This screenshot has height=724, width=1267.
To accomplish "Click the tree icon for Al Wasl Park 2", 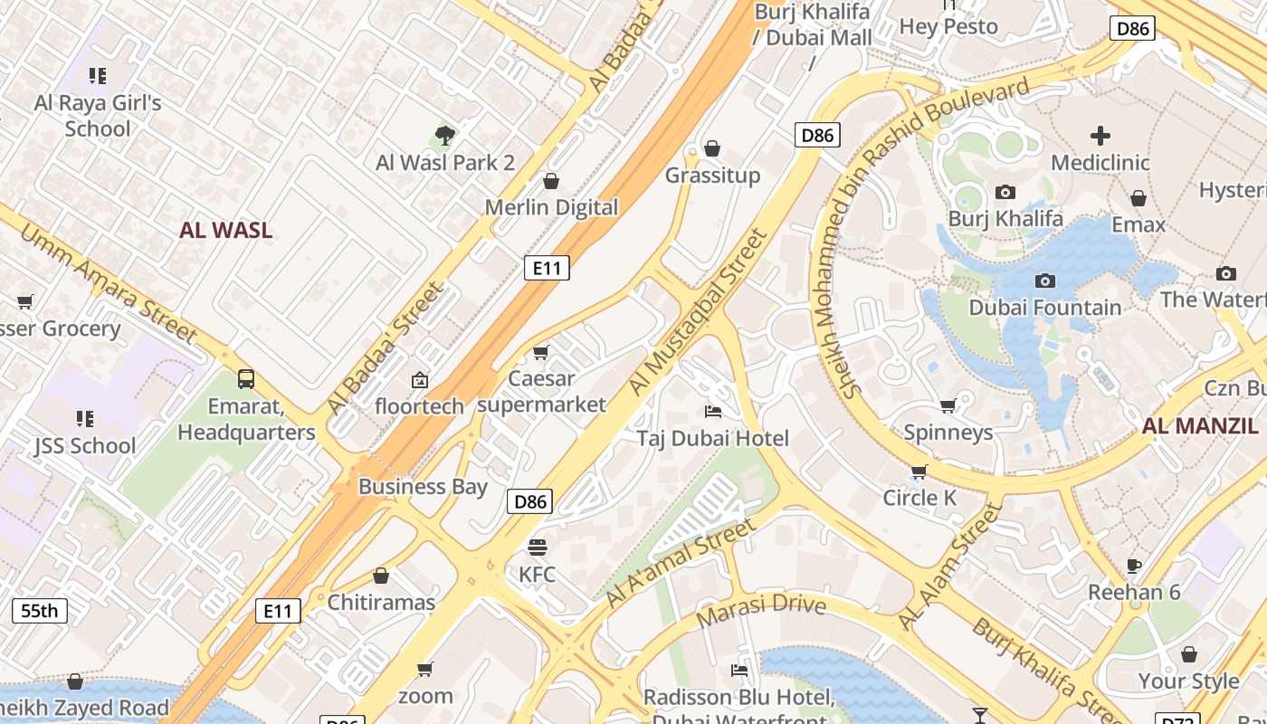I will click(443, 137).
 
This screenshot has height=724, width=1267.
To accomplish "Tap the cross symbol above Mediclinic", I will click(1100, 136).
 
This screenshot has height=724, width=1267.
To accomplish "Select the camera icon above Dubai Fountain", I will click(1044, 281).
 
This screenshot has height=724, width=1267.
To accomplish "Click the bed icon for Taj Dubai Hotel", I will click(713, 412).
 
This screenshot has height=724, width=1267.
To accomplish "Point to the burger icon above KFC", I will click(538, 547).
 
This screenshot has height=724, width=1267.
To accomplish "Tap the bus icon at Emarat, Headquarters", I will click(246, 378).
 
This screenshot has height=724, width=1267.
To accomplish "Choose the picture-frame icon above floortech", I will click(419, 380).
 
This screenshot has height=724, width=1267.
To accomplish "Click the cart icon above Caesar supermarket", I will click(541, 352).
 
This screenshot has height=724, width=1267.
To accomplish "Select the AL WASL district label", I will click(225, 230).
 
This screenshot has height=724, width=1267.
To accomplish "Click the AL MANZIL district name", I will click(1200, 426).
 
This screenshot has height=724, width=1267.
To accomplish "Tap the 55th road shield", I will click(40, 611).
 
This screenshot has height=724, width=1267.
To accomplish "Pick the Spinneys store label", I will click(948, 433).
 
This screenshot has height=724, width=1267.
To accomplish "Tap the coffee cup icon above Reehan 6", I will click(1133, 566).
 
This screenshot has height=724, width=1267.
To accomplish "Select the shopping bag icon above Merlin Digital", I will click(550, 181).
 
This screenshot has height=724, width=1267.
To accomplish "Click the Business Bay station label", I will click(423, 486).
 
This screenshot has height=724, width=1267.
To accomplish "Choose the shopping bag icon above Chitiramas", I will click(381, 576).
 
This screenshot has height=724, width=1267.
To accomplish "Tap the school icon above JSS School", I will click(85, 419).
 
